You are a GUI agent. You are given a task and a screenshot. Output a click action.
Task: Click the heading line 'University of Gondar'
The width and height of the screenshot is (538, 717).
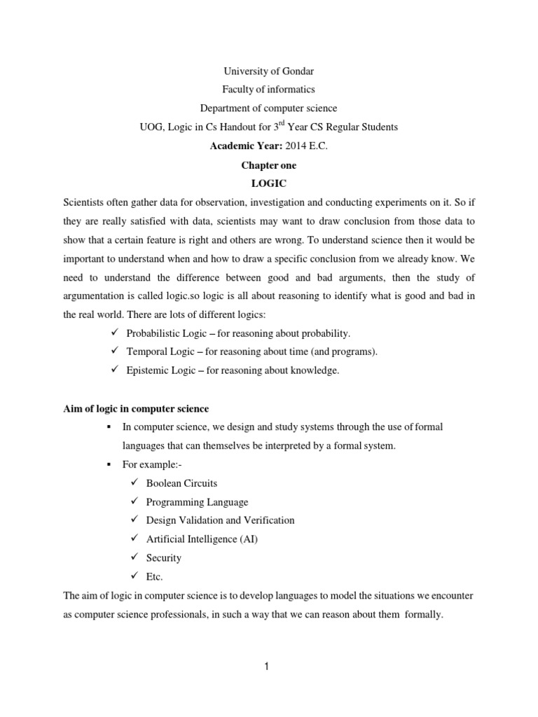268,71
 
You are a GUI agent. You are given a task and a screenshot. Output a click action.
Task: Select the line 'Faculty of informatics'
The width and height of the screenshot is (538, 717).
268,90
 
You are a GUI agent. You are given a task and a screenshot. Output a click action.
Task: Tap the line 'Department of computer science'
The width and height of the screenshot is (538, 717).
268,108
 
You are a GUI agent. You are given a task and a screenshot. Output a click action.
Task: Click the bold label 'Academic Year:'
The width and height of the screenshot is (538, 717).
241,146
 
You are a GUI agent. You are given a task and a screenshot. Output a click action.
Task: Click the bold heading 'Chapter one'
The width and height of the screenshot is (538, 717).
268,165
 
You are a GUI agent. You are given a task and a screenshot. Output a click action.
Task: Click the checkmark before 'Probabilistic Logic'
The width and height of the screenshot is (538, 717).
116,332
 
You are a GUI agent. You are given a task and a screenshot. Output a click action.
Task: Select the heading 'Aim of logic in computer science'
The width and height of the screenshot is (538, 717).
136,408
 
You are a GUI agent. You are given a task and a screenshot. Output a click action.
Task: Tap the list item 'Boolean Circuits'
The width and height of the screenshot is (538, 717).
181,483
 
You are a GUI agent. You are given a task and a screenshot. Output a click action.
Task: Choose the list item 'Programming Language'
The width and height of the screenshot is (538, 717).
197,502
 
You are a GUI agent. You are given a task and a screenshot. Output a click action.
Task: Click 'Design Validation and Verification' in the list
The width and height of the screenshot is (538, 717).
220,520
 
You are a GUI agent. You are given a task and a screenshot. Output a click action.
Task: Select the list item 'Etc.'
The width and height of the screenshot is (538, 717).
155,576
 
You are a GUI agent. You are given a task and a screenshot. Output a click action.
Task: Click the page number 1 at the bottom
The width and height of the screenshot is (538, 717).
268,667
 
